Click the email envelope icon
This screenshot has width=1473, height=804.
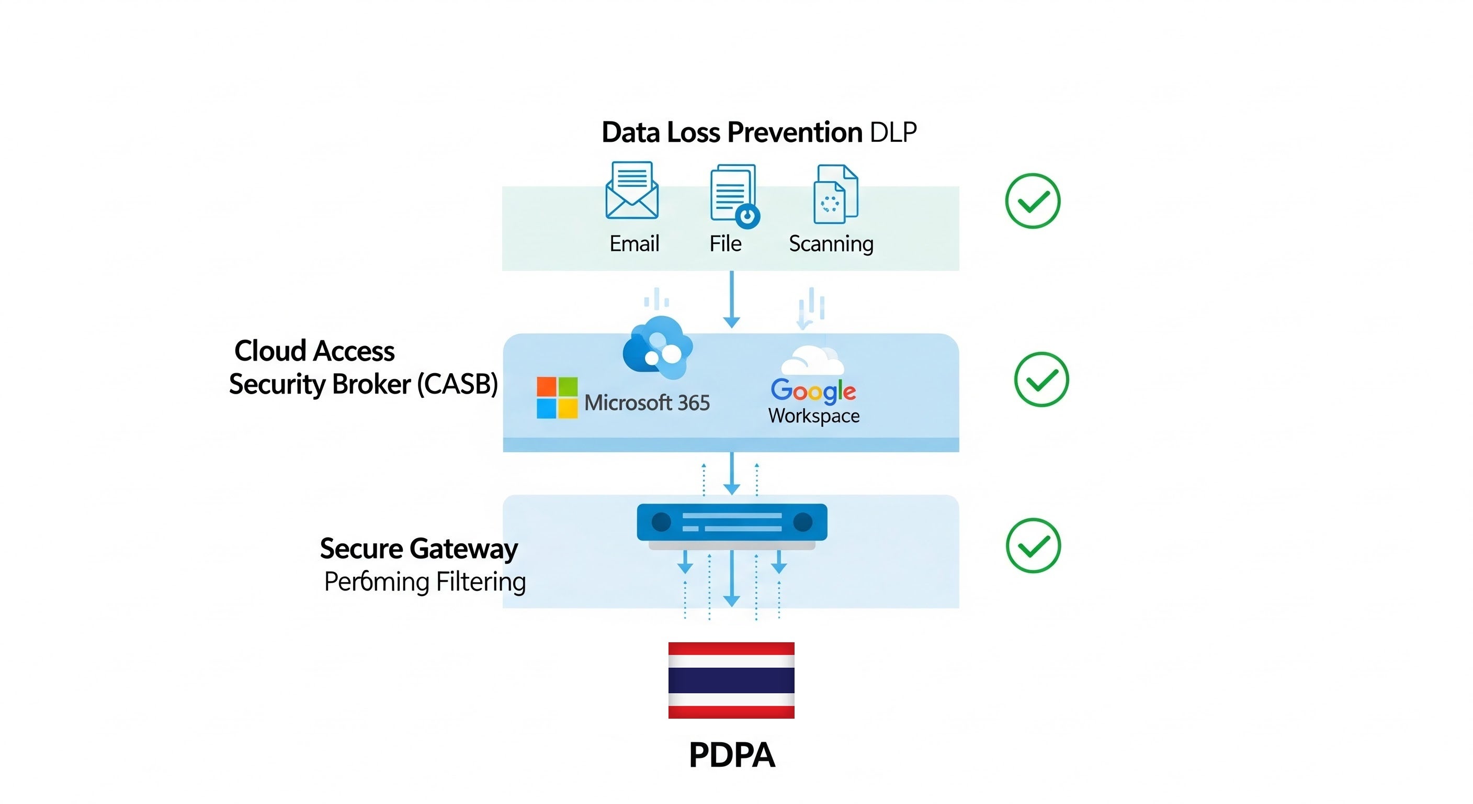(x=631, y=191)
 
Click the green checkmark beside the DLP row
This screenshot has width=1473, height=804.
(x=1032, y=201)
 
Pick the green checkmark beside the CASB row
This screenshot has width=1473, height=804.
(x=1041, y=379)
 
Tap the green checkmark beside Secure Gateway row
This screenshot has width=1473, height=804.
(x=1033, y=545)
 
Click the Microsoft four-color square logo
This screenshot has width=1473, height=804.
(x=557, y=398)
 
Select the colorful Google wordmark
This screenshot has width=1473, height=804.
(x=812, y=391)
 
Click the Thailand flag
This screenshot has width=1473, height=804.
(x=731, y=680)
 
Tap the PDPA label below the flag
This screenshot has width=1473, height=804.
(x=731, y=755)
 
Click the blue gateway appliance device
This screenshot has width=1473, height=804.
(x=731, y=522)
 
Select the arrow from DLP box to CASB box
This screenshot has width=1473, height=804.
(x=731, y=299)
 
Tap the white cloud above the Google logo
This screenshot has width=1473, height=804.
(x=812, y=361)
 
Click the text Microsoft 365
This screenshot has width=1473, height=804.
(x=647, y=403)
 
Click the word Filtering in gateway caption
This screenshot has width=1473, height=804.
(x=480, y=582)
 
